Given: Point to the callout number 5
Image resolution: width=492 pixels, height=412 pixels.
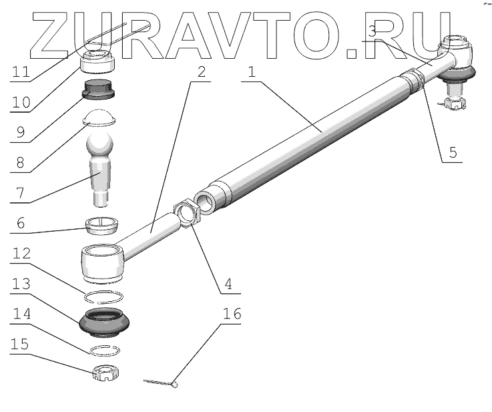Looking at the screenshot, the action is click(x=453, y=152).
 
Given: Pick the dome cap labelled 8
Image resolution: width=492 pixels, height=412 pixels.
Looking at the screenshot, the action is click(x=99, y=116).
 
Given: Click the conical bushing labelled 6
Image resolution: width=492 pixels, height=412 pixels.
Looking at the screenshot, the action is click(x=101, y=224).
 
